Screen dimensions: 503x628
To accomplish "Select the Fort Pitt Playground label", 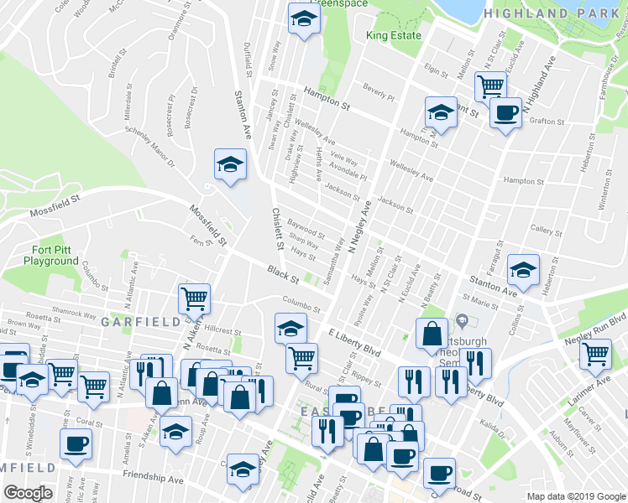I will [50, 256].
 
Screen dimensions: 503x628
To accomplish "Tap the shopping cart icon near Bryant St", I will [489, 85].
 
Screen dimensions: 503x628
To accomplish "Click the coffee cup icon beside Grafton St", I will [505, 112].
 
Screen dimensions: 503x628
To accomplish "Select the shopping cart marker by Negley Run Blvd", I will [595, 354].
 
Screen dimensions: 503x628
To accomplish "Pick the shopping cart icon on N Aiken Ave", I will [194, 297].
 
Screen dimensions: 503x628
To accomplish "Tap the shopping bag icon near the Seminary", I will [432, 333].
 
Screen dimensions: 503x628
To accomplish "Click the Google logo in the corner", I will [28, 494].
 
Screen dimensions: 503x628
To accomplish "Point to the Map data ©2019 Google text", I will [576, 496].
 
